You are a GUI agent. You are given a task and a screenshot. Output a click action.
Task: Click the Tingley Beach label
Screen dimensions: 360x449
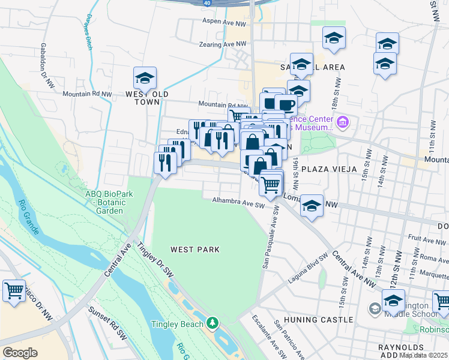pos(175,324)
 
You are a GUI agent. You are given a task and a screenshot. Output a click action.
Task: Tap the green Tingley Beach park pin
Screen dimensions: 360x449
pos(212,324)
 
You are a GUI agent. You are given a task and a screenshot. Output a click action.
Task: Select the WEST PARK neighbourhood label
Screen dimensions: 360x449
pos(194,249)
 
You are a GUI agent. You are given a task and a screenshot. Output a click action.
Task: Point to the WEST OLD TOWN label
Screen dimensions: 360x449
pos(143,98)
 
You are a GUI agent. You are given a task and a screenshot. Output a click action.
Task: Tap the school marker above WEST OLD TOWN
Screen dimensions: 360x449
pos(145,79)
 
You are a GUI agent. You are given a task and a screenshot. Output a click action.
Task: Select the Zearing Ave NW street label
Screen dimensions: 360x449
pos(223,44)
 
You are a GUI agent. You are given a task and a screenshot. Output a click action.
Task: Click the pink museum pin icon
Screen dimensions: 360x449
pos(343,124)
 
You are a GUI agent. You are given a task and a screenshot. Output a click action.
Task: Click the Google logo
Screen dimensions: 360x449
pos(20,352)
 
